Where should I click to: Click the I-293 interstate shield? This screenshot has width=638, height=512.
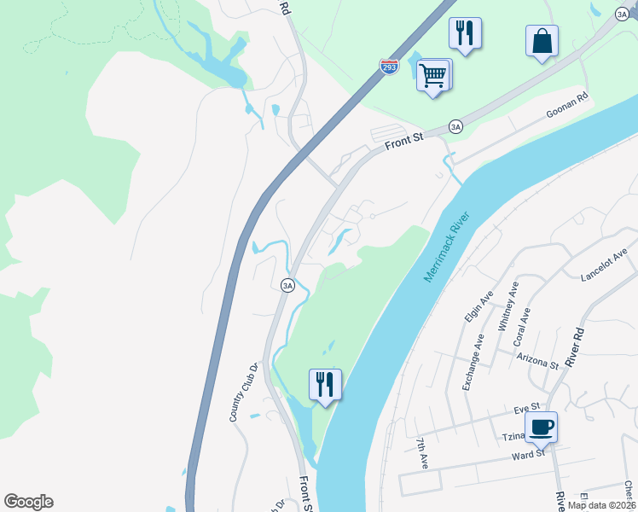pyautogui.click(x=389, y=67)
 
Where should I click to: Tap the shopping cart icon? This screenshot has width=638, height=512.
pyautogui.click(x=433, y=76)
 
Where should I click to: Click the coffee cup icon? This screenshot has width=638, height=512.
pyautogui.click(x=542, y=426)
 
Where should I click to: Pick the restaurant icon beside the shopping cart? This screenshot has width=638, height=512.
pyautogui.click(x=465, y=33)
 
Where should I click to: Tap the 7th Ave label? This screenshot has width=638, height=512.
pyautogui.click(x=422, y=454)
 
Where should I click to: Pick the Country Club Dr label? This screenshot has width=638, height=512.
pyautogui.click(x=243, y=393)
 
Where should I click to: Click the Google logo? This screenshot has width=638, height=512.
pyautogui.click(x=28, y=502)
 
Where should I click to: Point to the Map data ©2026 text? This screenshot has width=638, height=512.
pyautogui.click(x=600, y=504)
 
